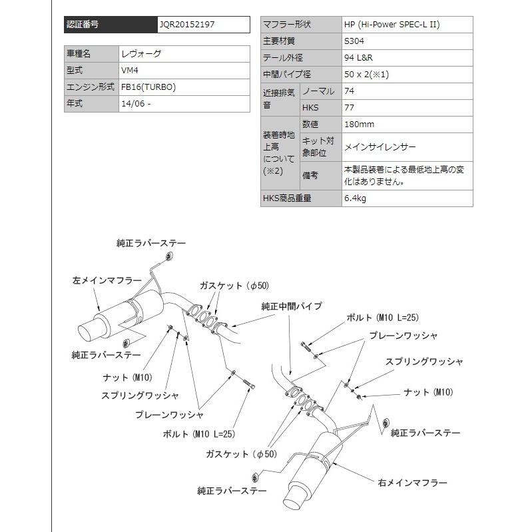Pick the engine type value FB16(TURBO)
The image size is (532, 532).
(149, 87)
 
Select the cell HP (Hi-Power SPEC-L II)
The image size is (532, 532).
(392, 25)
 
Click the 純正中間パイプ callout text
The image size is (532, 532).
(292, 306)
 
